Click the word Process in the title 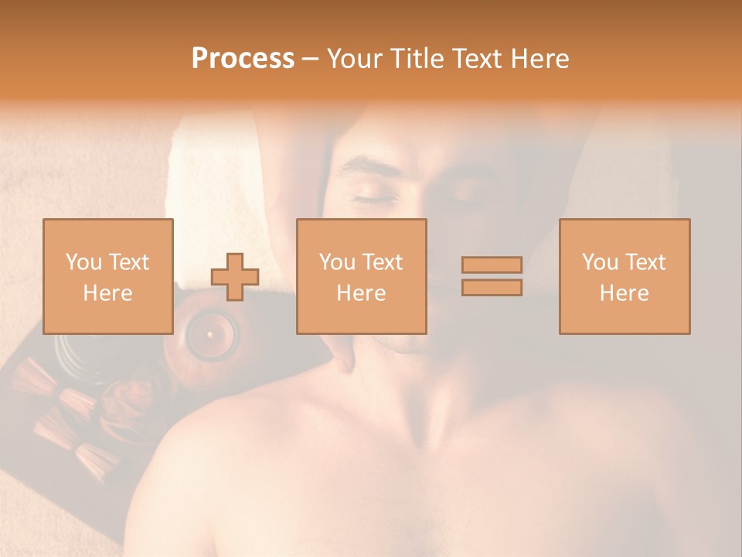(x=243, y=59)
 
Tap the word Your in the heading (x=356, y=59)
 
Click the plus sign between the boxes (x=235, y=277)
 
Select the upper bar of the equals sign (x=492, y=265)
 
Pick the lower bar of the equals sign (x=492, y=287)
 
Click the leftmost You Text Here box (x=108, y=276)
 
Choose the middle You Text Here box (x=361, y=276)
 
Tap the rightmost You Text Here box (x=625, y=276)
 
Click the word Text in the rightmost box (x=645, y=262)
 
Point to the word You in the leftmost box (x=83, y=262)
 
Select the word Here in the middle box (x=361, y=293)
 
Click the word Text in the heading (x=472, y=59)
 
